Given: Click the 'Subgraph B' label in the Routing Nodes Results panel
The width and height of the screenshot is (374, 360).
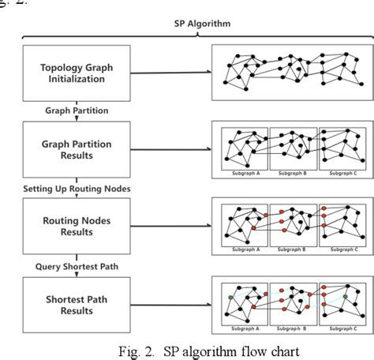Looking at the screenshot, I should [x=293, y=249].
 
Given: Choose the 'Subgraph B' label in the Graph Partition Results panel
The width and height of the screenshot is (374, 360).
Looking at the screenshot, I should [x=293, y=172].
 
